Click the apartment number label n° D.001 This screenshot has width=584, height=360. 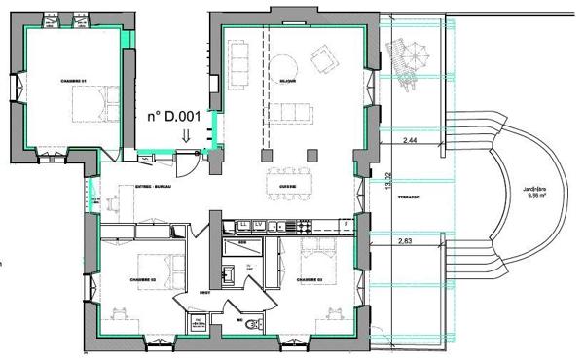[173, 117]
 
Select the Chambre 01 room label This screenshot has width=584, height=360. [73, 80]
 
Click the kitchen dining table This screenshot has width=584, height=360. [286, 181]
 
